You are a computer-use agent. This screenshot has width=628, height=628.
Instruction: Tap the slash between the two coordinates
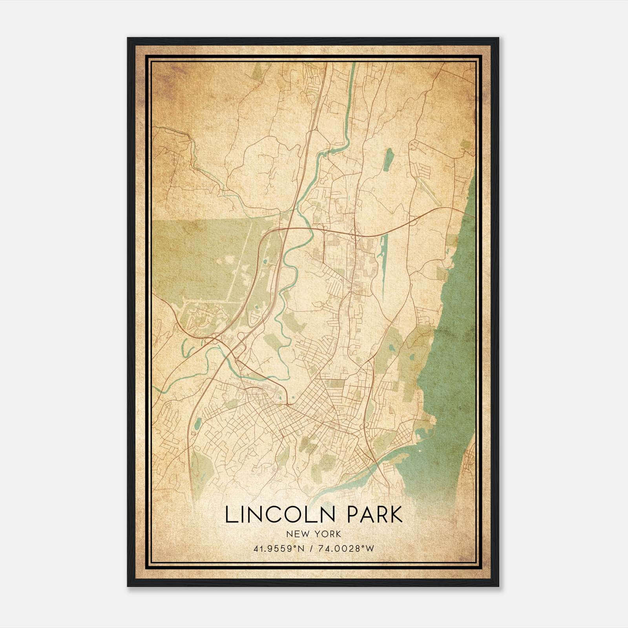pyautogui.click(x=311, y=548)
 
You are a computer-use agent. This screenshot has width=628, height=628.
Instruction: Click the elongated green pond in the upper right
pyautogui.click(x=388, y=160)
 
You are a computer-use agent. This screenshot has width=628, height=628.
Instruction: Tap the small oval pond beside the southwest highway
pyautogui.click(x=197, y=424)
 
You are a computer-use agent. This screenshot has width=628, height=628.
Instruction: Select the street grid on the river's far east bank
pyautogui.click(x=469, y=467)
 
